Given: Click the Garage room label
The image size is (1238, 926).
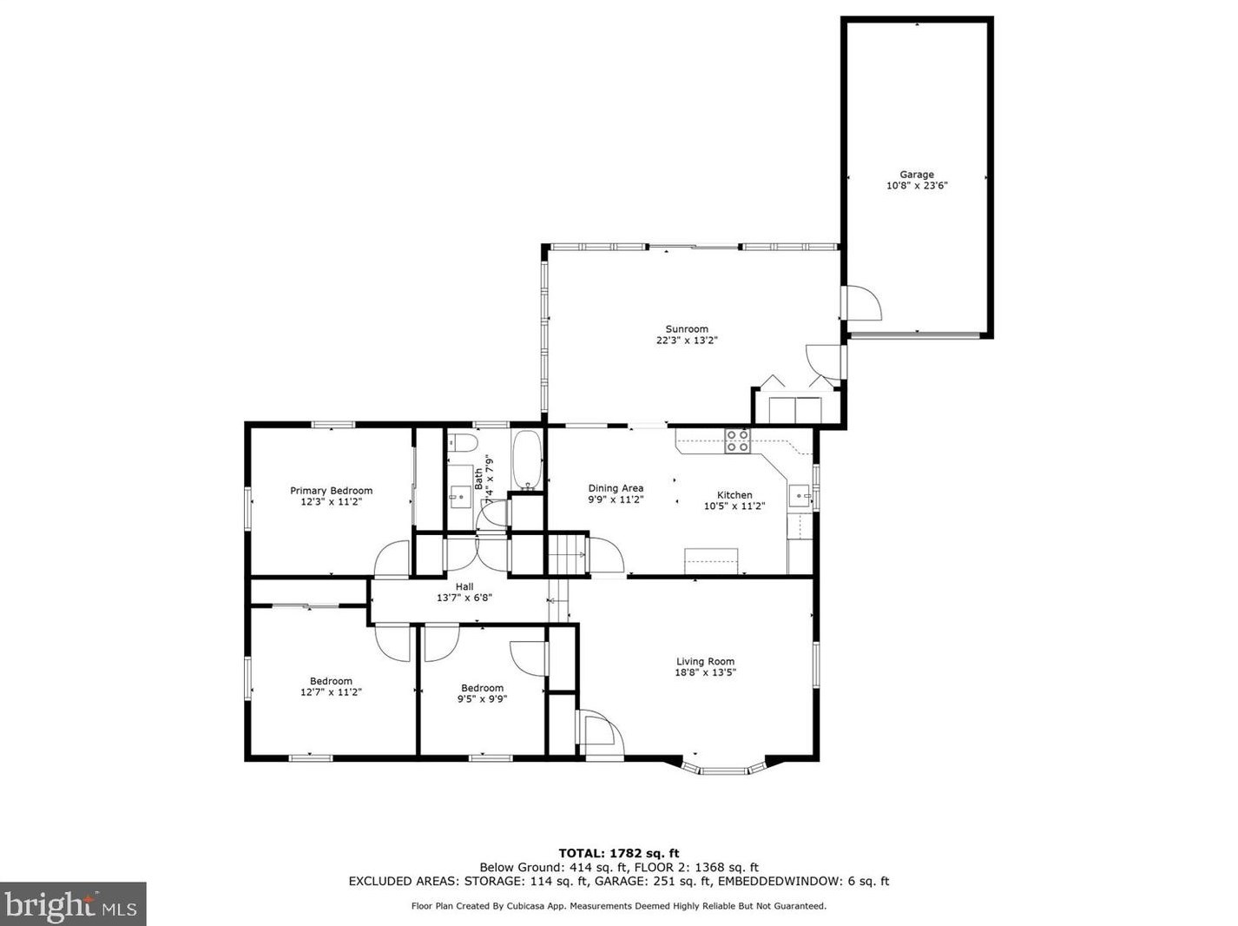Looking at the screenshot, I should coord(916,175).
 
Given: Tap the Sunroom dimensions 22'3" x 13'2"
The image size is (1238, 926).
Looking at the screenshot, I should coord(687,341).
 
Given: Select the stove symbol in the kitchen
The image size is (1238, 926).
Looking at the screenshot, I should coord(737,441).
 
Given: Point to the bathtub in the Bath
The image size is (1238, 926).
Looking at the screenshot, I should coord(527,460).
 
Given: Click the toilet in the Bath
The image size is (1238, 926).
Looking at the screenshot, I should coord(464,443).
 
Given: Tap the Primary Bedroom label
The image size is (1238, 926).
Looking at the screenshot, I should coord(331,491).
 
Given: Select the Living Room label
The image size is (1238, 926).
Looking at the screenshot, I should coord(705,661).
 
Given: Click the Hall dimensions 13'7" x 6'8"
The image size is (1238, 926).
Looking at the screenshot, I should coord(464,598).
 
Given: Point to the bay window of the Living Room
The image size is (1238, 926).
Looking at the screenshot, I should coord(724,769).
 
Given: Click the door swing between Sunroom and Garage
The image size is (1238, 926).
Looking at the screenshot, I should coord(863,303).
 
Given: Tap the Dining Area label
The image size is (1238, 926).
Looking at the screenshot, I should coord(616,488).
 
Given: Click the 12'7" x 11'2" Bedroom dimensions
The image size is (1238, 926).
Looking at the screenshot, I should coord(331,692).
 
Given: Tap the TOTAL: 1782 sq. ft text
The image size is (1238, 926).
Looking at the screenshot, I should coord(618,853).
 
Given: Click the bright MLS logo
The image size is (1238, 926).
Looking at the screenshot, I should coord(73,904).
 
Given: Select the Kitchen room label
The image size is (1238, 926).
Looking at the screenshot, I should coord(734,495).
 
